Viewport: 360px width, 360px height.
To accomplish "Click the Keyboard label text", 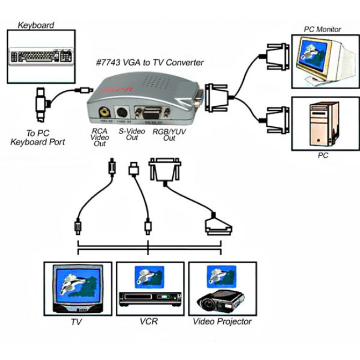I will click(35, 25).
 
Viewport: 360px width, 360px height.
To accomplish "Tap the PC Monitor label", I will click(322, 29).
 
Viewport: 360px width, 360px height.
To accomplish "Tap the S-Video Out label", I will click(132, 135).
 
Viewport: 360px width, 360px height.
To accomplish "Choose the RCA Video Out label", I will click(100, 137).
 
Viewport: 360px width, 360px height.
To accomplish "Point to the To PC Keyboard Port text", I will click(38, 138).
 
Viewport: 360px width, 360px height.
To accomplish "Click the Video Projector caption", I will click(222, 322).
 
